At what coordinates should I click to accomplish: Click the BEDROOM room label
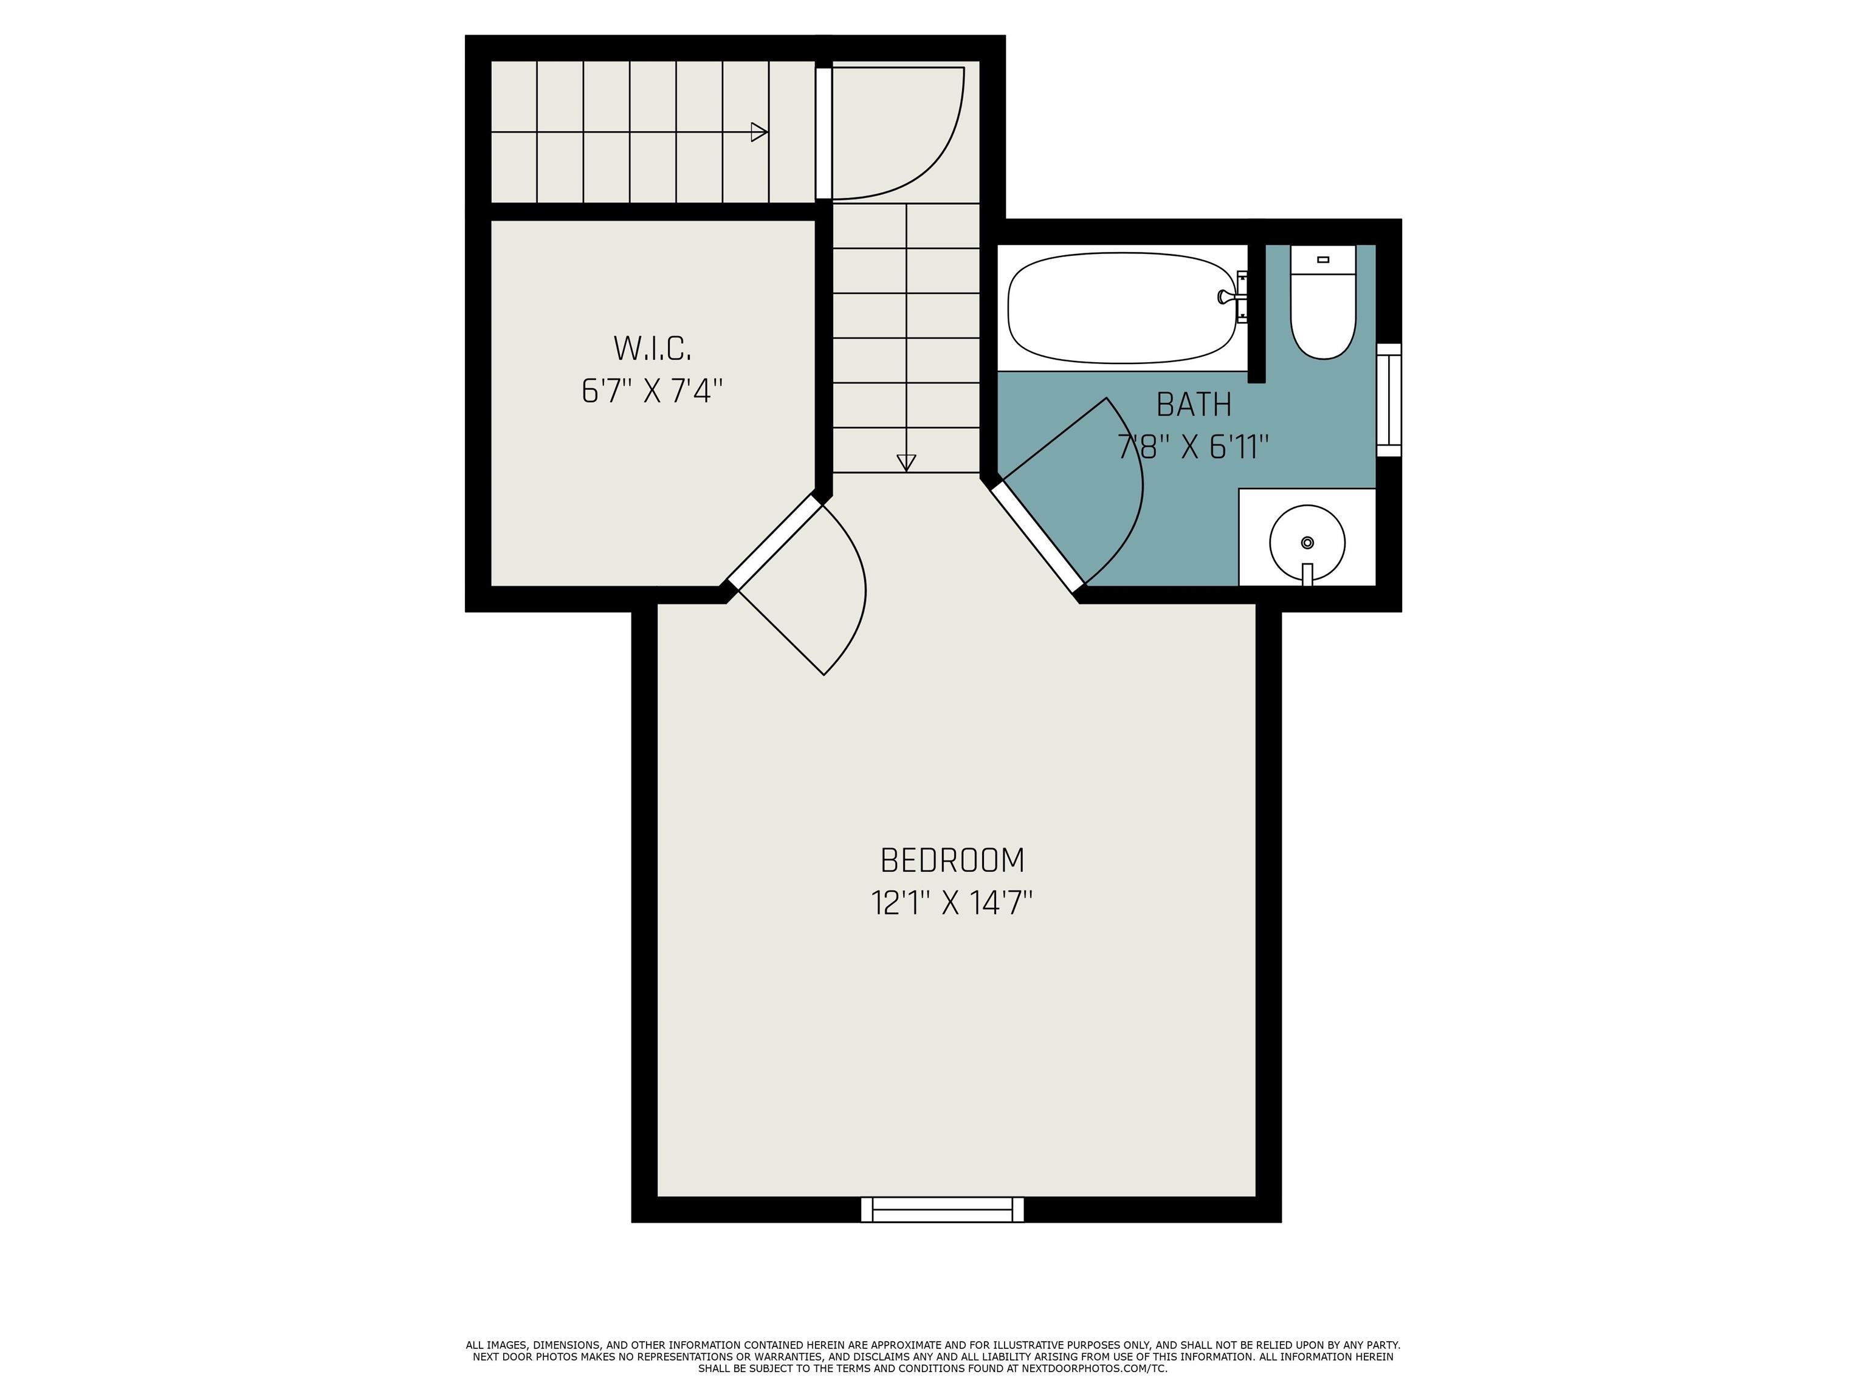pos(952,861)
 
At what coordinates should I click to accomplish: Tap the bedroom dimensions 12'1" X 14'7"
pos(952,904)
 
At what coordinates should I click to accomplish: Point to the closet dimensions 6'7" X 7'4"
pos(653,391)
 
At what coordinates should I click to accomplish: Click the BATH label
pos(1194,405)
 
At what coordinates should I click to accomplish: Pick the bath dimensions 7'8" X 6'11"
pos(1194,447)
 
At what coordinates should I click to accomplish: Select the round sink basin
pos(1307,543)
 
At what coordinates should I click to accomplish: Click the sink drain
pos(1307,542)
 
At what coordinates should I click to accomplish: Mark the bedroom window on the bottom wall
pos(942,1209)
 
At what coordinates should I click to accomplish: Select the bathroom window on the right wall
pos(1389,400)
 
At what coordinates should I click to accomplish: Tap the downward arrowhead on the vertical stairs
pos(906,463)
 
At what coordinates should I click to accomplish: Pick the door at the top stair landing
pos(895,133)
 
